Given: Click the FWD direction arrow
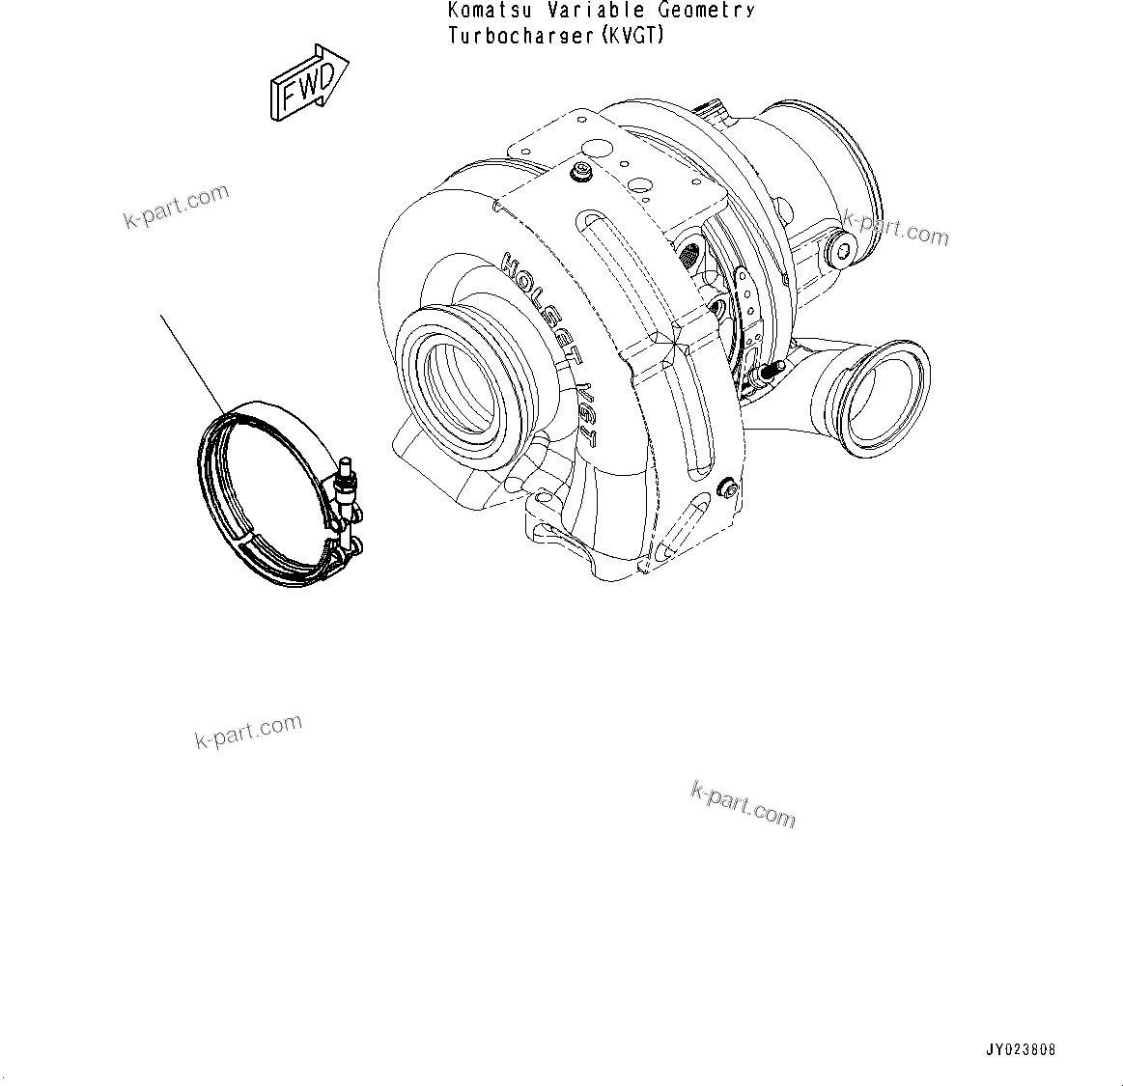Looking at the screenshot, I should click(x=308, y=84).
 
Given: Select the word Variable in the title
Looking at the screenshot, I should click(x=613, y=12).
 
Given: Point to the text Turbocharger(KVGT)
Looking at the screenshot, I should click(x=557, y=37).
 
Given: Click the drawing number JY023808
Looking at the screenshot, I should click(x=1021, y=1050).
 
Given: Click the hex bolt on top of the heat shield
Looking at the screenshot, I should click(x=582, y=174).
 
